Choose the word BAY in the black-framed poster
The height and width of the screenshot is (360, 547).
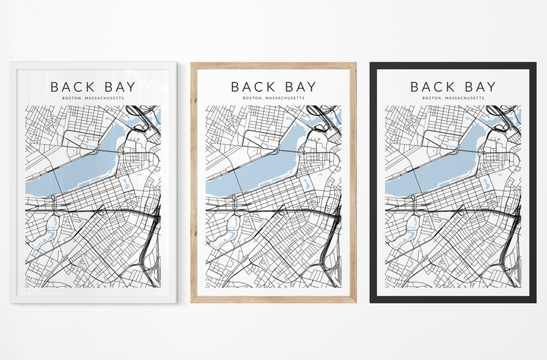(x=478, y=87)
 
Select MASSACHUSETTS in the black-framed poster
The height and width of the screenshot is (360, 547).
(x=464, y=98)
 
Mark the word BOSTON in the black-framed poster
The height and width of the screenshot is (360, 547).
(x=432, y=98)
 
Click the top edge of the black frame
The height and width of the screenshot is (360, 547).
(x=453, y=65)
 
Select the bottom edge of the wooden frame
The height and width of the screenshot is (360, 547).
(x=273, y=299)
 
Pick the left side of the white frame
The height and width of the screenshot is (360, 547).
(x=13, y=182)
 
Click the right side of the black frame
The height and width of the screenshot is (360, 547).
(x=533, y=182)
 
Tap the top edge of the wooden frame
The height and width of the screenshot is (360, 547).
(x=273, y=65)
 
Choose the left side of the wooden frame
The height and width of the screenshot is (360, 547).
(x=194, y=182)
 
